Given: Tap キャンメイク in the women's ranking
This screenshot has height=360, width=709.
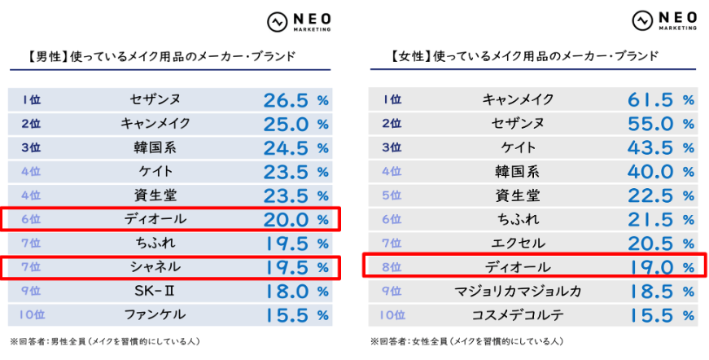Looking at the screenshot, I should [518, 100].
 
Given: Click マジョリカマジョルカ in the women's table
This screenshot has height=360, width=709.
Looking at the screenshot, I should [518, 291].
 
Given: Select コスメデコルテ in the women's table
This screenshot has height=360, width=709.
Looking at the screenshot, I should [518, 314].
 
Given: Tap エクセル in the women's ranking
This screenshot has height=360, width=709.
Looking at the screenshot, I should [518, 243].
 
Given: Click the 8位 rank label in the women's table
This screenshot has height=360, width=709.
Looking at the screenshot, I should [392, 267].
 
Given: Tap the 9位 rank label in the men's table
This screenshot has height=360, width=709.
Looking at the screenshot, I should [31, 291].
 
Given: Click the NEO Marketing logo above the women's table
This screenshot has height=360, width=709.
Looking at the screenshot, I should [663, 20].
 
